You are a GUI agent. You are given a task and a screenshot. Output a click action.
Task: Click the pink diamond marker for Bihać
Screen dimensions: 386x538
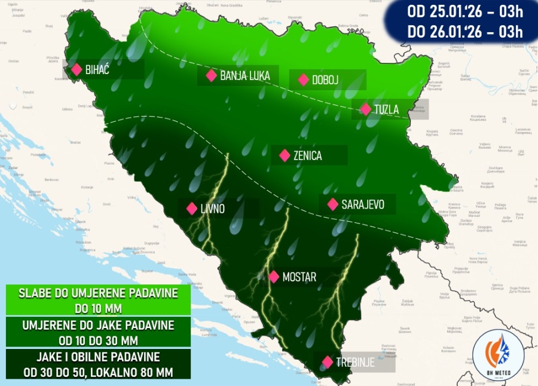pyautogui.click(x=77, y=69)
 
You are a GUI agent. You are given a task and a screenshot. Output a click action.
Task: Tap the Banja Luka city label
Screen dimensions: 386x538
pyautogui.click(x=245, y=76)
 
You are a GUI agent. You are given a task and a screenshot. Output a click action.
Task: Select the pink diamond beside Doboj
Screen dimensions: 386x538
pyautogui.click(x=303, y=79)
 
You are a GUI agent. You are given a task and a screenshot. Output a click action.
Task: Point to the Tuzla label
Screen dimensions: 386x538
pyautogui.click(x=386, y=110)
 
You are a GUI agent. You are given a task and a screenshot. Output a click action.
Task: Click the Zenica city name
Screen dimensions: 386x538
pyautogui.click(x=308, y=156)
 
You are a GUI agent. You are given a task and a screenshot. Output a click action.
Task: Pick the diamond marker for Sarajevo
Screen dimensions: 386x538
pyautogui.click(x=332, y=204)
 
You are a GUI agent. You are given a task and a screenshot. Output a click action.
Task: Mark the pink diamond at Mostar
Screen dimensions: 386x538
pyautogui.click(x=274, y=277)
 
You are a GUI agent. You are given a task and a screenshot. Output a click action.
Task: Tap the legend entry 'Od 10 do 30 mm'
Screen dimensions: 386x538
pyautogui.click(x=97, y=341)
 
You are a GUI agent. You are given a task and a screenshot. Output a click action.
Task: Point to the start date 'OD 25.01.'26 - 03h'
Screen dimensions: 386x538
pyautogui.click(x=465, y=11)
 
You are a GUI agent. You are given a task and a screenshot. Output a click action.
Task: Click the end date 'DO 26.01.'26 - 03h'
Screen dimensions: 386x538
pyautogui.click(x=465, y=32)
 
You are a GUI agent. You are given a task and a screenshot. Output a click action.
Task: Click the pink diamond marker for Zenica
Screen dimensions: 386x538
pyautogui.click(x=285, y=156)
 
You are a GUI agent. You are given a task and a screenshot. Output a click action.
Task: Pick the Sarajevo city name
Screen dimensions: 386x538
pyautogui.click(x=362, y=204)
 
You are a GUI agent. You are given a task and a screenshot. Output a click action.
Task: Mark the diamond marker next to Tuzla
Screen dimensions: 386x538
pyautogui.click(x=365, y=110)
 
